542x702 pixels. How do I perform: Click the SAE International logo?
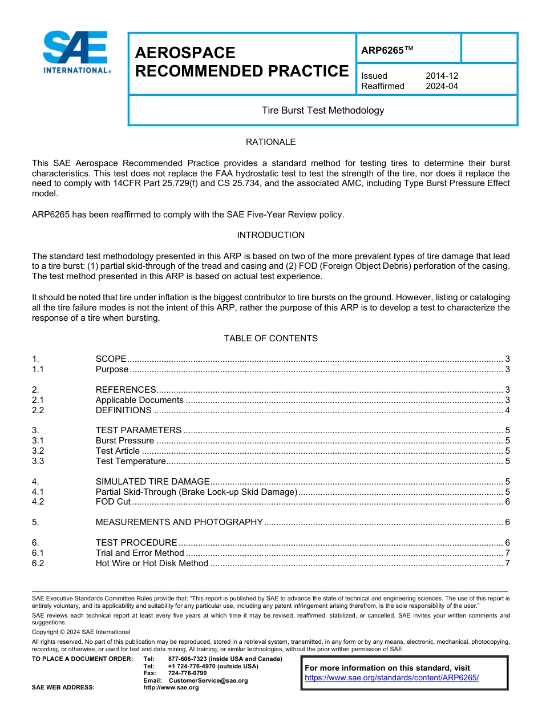pos(76,53)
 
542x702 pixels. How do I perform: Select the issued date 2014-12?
pos(442,76)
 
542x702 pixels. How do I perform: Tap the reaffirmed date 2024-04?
pos(442,86)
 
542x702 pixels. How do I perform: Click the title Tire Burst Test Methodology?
pos(323,110)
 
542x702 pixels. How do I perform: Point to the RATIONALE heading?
pos(270,142)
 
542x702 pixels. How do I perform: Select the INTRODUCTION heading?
pos(270,235)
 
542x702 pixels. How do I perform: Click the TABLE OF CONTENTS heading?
pos(270,338)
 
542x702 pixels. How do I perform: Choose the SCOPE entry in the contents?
pos(111,359)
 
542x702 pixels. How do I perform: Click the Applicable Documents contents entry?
pos(139,400)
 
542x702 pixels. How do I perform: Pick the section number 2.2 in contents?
pos(38,410)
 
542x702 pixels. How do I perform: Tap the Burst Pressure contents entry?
pos(124,441)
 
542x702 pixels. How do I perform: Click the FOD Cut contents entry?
pos(113,502)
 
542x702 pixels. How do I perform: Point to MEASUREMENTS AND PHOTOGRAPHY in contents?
pos(179,522)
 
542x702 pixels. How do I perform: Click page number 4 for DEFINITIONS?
pos(507,410)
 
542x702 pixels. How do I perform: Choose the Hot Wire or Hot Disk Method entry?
pos(152,563)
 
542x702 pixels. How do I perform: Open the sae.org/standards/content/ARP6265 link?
pos(391,678)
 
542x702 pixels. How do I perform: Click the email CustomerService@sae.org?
pos(208,680)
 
